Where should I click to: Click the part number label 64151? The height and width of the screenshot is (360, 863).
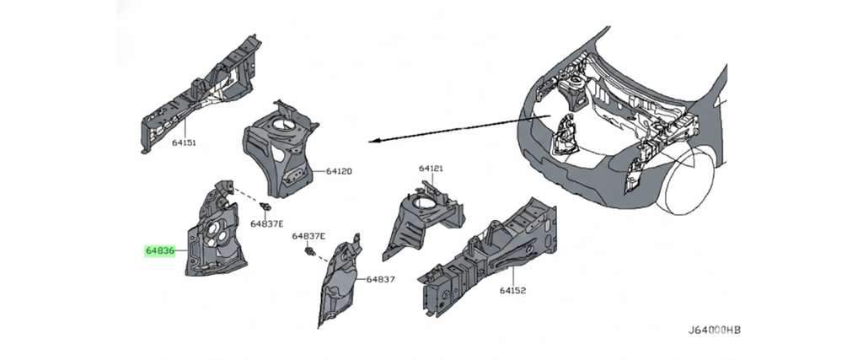184,143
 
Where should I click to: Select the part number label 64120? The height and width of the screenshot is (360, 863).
340,172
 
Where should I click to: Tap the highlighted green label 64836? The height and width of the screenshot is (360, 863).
159,250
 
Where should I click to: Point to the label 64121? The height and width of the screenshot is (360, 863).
431,169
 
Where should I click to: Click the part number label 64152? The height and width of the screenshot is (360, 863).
512,291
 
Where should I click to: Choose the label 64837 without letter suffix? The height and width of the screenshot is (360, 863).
380,279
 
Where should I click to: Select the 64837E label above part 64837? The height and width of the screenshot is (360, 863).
308,237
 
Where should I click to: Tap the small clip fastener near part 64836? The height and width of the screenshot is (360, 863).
267,207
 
